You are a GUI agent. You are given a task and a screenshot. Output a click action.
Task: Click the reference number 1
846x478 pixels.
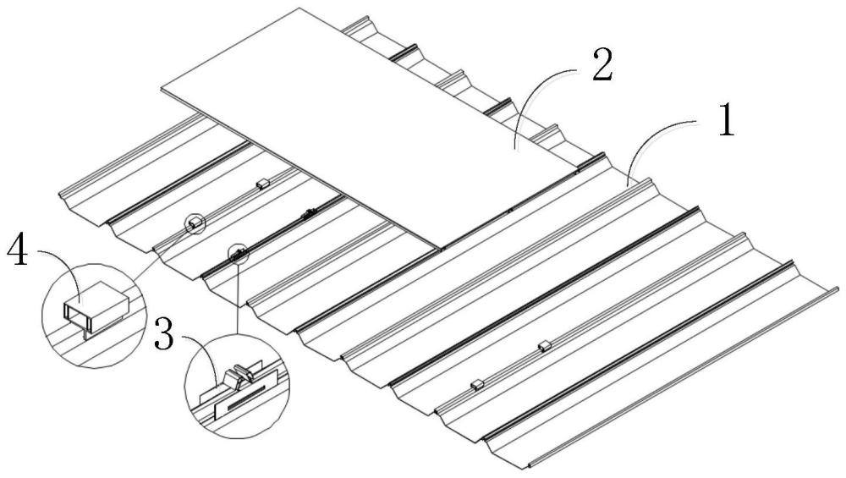tap(727, 120)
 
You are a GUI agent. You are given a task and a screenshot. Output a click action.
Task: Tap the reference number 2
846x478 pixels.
tap(602, 65)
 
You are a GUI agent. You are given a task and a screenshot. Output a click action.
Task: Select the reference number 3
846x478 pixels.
tap(163, 334)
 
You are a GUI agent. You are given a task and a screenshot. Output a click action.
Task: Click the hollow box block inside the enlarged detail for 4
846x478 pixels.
tap(96, 304)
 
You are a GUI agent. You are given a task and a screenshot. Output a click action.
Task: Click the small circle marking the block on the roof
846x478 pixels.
tap(195, 223)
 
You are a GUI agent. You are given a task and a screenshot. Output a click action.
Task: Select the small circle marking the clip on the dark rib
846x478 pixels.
tap(238, 253)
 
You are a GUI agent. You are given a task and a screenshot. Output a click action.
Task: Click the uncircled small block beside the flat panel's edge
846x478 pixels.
tap(262, 184)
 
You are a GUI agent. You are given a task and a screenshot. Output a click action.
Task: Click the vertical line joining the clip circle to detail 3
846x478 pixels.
tap(238, 296)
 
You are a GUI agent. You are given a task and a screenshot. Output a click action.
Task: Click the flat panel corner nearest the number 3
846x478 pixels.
tap(439, 249)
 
